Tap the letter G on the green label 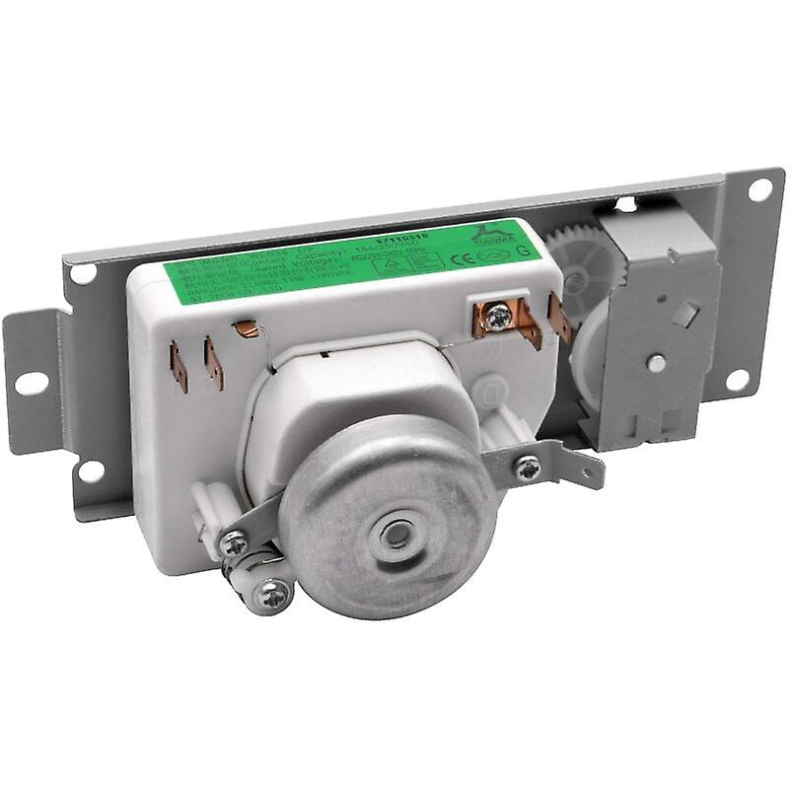pyautogui.click(x=522, y=251)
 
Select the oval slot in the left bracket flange pyautogui.click(x=30, y=383)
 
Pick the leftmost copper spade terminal pyautogui.click(x=179, y=366)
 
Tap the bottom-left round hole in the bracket pyautogui.click(x=91, y=471)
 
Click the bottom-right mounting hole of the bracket pyautogui.click(x=735, y=378)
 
